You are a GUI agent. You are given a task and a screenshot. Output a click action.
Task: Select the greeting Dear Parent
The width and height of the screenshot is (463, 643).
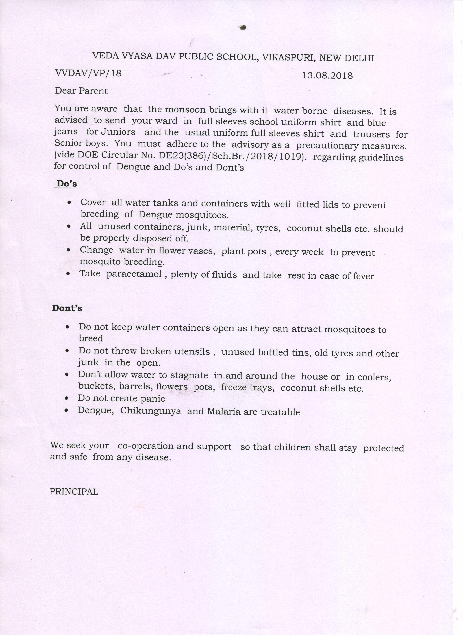(x=81, y=91)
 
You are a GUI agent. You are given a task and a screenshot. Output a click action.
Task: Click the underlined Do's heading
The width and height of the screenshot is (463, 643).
(x=66, y=184)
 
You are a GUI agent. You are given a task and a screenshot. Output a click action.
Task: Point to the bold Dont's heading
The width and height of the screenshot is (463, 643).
(x=67, y=308)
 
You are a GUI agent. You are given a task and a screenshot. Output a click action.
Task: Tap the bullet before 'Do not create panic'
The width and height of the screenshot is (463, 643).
(x=66, y=398)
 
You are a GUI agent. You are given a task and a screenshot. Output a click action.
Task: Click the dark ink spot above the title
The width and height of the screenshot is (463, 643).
(x=242, y=28)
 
